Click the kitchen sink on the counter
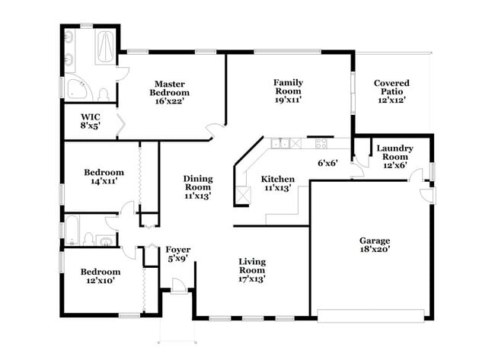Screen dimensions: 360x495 pyautogui.click(x=283, y=142)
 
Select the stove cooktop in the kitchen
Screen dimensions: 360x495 pyautogui.click(x=318, y=142)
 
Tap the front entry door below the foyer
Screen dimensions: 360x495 pyautogui.click(x=176, y=286)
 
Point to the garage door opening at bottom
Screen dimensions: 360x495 pyautogui.click(x=371, y=315)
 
